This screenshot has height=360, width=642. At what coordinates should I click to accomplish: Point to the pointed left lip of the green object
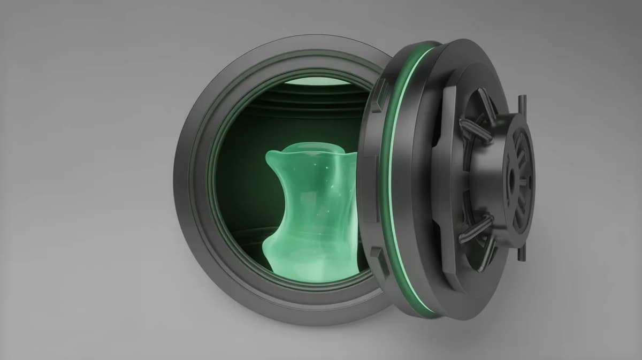coord(270,158)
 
